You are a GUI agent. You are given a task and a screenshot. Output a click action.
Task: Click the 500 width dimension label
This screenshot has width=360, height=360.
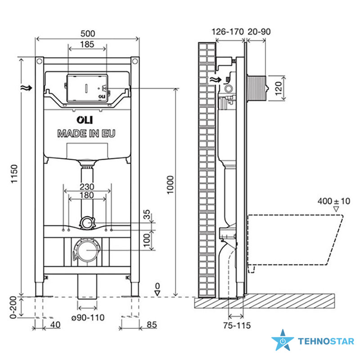pos(88,34)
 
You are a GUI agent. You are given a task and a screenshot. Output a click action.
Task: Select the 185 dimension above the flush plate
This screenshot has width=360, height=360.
pos(87,44)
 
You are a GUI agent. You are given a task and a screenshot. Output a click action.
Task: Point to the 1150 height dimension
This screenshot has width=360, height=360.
pos(14,174)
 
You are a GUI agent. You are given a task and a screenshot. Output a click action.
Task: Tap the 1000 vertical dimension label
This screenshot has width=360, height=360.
pos(170,185)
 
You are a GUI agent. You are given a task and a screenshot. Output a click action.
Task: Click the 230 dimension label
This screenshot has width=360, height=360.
pos(87,186)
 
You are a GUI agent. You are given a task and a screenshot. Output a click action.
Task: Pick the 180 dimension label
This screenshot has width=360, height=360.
pos(87,195)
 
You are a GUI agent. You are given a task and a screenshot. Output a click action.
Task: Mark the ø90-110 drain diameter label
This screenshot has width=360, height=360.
pos(88,318)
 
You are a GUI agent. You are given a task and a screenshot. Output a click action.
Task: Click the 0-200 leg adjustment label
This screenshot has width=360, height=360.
pos(13,307)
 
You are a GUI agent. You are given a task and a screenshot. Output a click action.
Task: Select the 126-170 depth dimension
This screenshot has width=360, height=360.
pos(228,31)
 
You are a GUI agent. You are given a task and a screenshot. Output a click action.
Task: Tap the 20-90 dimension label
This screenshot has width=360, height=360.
pos(259,31)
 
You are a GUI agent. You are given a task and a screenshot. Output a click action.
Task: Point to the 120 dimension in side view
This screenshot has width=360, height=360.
pos(278,88)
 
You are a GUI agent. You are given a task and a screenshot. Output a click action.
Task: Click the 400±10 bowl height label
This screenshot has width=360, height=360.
pos(334,201)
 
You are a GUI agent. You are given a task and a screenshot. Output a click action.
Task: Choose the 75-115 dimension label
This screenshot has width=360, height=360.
pos(237,325)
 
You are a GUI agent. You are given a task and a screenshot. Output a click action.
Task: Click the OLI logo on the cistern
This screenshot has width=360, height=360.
pos(85,120)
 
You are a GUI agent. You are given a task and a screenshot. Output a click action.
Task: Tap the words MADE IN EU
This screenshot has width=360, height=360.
pos(86,133)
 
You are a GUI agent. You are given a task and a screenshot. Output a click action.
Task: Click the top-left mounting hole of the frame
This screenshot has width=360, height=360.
pos(39,61)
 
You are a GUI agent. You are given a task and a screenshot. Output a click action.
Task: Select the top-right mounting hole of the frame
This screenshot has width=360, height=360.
pos(135,61)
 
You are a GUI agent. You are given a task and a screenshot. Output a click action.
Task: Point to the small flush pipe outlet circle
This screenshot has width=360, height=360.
pos(87,223)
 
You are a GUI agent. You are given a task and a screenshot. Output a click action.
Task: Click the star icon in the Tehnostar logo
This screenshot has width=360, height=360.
pos(283,340)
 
